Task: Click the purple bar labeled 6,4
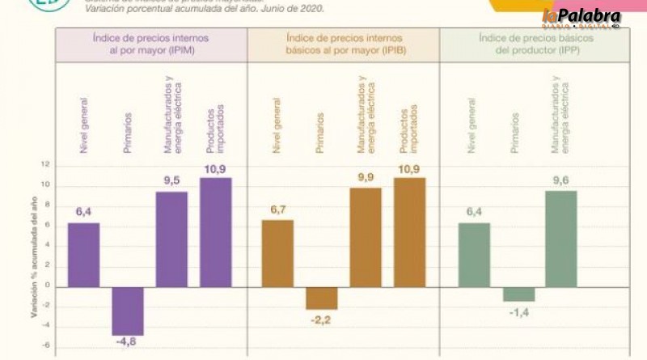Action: click(83, 254)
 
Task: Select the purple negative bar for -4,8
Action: click(127, 311)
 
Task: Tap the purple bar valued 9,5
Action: click(171, 239)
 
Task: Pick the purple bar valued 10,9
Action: click(215, 231)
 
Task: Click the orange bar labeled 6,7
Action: click(277, 252)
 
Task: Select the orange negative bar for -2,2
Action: click(321, 298)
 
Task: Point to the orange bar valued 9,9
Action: click(365, 236)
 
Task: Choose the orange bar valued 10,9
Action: click(409, 231)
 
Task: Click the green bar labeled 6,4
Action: click(474, 254)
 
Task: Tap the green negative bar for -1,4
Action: click(518, 294)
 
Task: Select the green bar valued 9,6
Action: click(562, 238)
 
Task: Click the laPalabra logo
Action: click(581, 17)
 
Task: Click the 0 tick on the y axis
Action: click(48, 286)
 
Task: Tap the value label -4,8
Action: click(127, 342)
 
